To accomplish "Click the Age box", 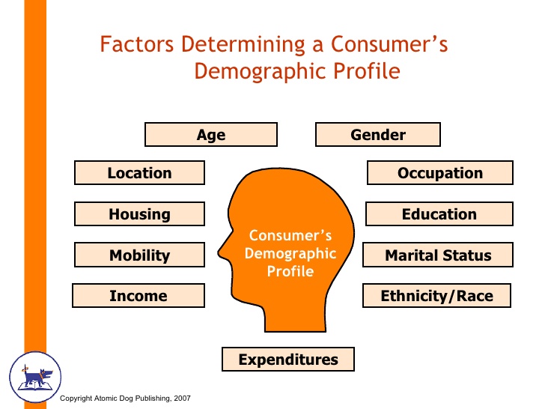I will pos(210,135).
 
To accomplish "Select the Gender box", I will pos(377,135).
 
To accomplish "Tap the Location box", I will pos(139,173).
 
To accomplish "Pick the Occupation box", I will pos(439,173).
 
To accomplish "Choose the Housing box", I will pos(139,214).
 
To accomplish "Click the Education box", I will pos(439,214).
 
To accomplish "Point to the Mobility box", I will pos(139,255).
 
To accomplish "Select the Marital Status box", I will pos(438,255).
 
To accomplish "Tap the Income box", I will pos(138,296).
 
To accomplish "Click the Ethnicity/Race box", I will pos(436,296).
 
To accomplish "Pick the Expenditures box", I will pos(287,360).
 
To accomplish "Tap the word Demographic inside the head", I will pos(290,253).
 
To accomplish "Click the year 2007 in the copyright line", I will pos(182,399).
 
